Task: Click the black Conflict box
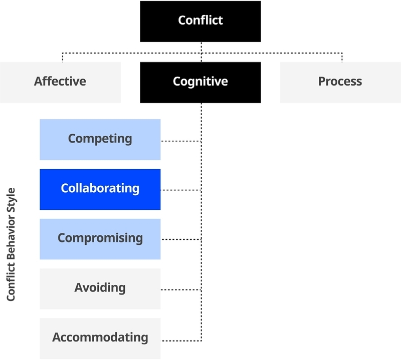click(200, 21)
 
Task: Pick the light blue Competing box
click(100, 139)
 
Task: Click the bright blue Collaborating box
click(100, 189)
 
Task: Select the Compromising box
click(100, 238)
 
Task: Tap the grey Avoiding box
click(100, 288)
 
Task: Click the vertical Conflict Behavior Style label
click(12, 245)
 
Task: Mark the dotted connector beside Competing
click(181, 142)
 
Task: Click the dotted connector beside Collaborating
click(181, 190)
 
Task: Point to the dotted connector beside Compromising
click(181, 239)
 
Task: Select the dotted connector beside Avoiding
click(181, 289)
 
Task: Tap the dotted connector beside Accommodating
click(181, 341)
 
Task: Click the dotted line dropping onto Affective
click(63, 57)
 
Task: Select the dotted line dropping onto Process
click(342, 57)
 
